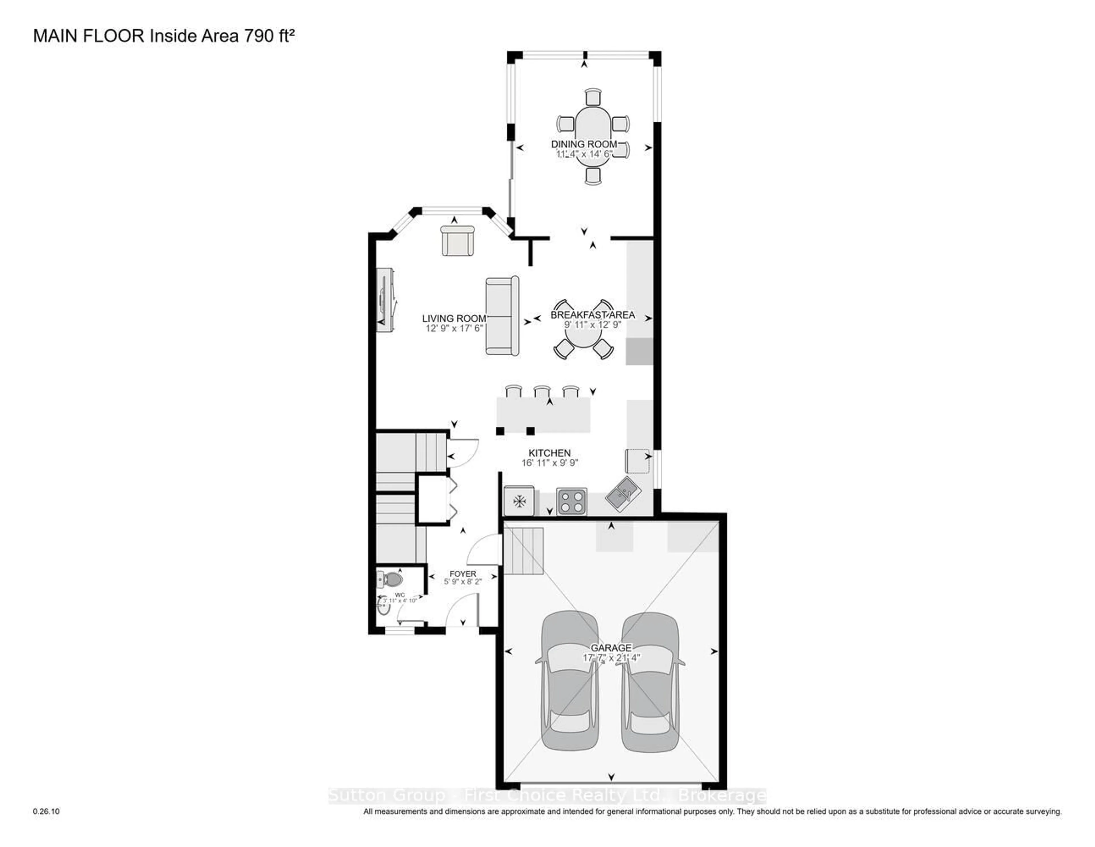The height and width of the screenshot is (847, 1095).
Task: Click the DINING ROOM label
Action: [x=584, y=144]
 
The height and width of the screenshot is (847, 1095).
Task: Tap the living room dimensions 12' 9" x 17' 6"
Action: [x=454, y=328]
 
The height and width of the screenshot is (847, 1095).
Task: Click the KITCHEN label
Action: [x=549, y=453]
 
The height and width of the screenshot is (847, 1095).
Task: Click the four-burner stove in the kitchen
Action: [x=571, y=501]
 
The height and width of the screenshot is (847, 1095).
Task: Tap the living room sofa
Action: [x=502, y=316]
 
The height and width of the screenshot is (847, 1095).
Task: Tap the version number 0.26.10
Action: [x=46, y=811]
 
